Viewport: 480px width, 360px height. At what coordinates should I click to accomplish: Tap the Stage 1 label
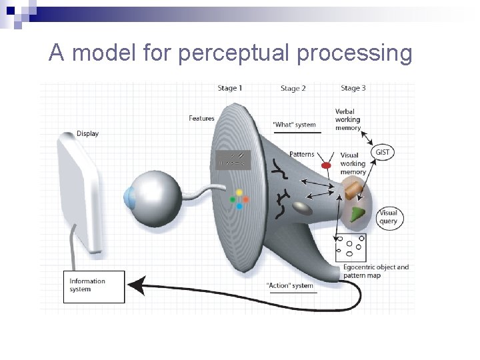point(230,88)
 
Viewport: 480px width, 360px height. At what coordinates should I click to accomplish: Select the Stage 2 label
point(293,88)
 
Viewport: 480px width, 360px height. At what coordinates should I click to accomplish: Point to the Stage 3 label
point(353,88)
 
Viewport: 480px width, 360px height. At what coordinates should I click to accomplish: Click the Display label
point(87,133)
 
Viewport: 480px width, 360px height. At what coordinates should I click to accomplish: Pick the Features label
point(201,119)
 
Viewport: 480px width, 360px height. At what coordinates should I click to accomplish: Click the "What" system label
point(295,125)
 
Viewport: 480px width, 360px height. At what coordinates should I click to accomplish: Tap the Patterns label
point(302,154)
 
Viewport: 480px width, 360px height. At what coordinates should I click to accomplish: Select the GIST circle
point(383,152)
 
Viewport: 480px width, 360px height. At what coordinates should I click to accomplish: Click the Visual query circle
point(388,217)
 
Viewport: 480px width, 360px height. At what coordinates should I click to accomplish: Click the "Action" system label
point(289,286)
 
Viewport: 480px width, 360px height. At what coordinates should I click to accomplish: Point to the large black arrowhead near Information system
point(136,285)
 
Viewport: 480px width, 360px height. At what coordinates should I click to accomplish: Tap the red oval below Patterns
point(326,165)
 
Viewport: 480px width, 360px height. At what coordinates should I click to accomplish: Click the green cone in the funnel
point(359,213)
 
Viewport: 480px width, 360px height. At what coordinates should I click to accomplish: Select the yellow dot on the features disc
point(239,193)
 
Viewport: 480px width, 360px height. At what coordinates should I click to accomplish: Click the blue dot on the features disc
point(239,207)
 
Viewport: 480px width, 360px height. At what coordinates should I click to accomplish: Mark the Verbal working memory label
point(348,119)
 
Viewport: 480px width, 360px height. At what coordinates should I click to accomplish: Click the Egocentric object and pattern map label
point(375,271)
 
